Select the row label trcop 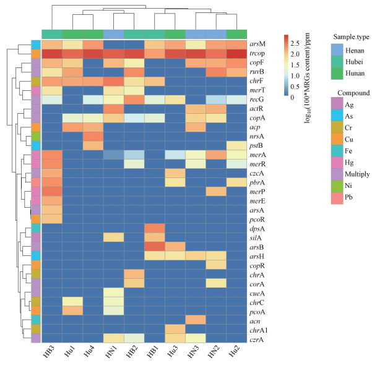tap(258, 54)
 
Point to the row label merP tap(258, 192)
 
